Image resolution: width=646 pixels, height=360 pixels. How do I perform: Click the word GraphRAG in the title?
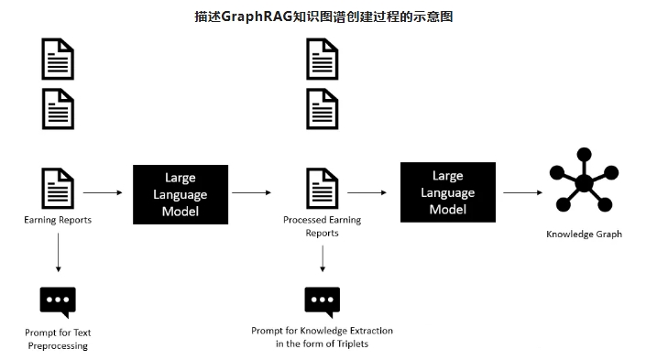257,16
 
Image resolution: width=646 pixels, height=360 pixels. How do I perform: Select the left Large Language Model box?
181,194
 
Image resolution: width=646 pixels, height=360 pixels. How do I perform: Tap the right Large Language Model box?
448,192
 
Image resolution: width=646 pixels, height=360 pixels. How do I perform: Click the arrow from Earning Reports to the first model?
103,192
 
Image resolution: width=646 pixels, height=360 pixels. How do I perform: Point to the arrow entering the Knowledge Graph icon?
522,192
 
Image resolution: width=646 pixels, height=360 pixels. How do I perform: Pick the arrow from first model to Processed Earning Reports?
251,192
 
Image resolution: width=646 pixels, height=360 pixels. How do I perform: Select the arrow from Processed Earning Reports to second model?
367,192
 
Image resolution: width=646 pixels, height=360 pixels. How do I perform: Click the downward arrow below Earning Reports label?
58,253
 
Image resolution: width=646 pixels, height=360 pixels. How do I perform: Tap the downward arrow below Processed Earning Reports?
323,258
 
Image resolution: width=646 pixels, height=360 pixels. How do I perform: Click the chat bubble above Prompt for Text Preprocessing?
58,302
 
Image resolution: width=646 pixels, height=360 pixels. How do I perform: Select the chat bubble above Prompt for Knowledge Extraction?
323,302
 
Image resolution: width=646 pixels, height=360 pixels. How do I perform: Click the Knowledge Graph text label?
584,235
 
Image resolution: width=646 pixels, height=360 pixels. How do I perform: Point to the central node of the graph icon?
584,183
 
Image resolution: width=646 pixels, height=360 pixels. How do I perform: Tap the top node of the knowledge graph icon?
585,155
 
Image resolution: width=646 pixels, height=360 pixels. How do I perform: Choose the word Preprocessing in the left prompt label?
58,346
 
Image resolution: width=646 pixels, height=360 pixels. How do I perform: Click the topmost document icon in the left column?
58,59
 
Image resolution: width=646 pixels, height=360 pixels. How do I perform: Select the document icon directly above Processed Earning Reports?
323,188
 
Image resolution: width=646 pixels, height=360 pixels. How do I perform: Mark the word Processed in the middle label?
302,220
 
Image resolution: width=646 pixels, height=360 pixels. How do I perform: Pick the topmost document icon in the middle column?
323,59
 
